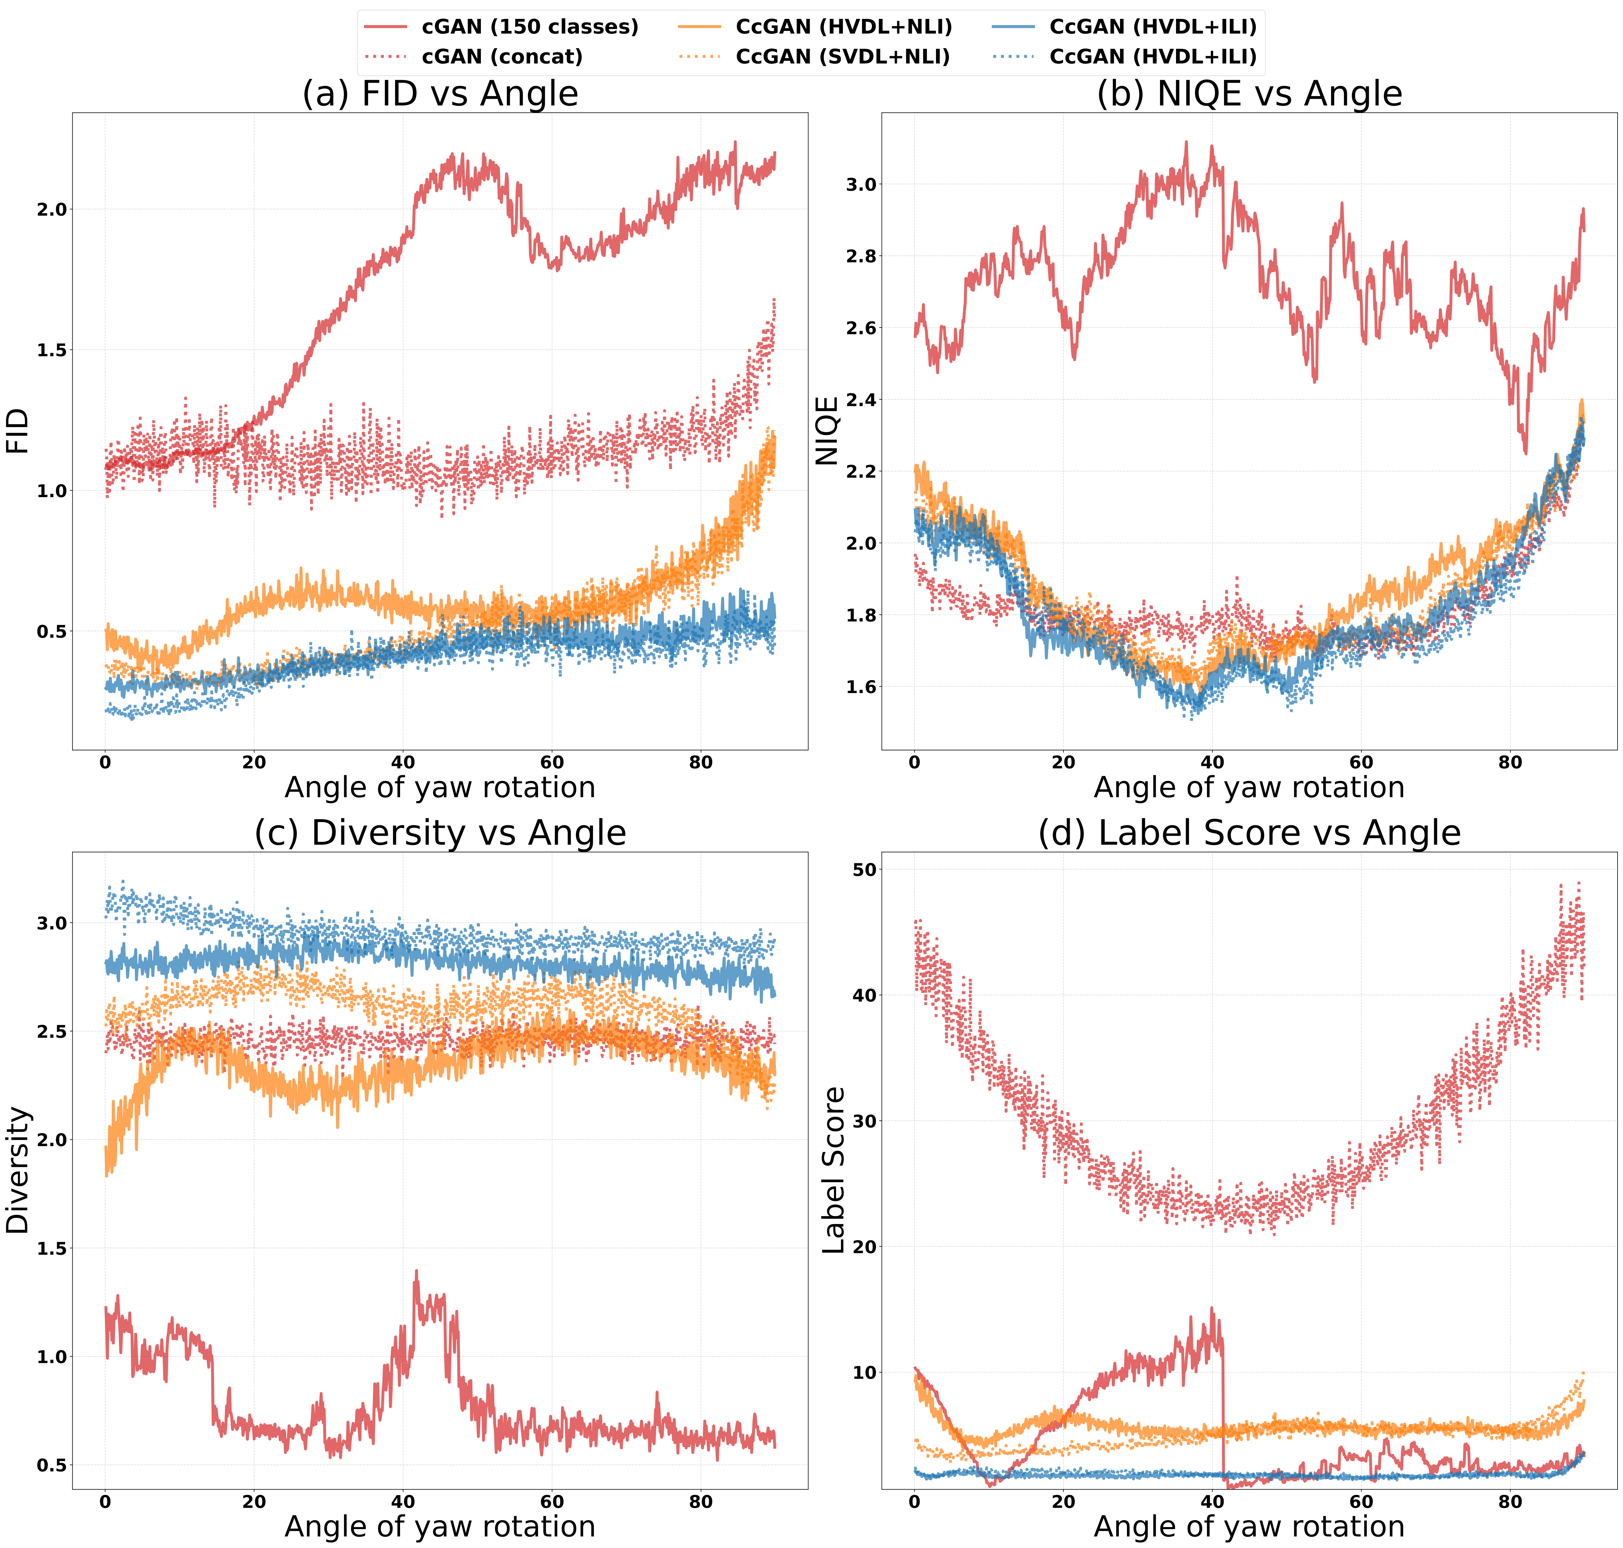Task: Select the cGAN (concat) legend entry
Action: (x=502, y=57)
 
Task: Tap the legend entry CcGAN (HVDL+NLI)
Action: (x=843, y=27)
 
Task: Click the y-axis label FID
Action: (x=18, y=431)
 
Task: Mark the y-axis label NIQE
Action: (x=827, y=431)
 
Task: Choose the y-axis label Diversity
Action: (x=18, y=1170)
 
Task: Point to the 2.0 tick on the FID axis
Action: (x=51, y=210)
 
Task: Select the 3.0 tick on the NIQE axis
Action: (x=861, y=185)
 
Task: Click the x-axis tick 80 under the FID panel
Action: (x=700, y=762)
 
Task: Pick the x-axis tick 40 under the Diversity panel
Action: (x=403, y=1502)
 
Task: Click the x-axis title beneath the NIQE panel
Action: (x=1248, y=787)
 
